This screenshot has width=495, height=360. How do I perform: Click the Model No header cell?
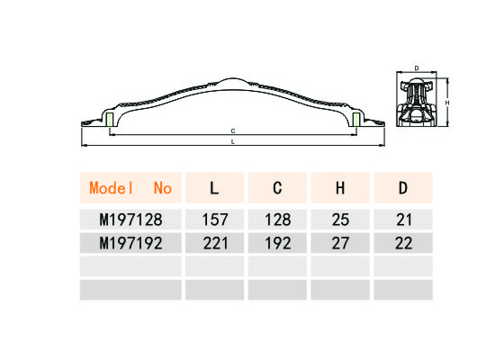[130, 188]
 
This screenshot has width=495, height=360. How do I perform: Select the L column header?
[215, 188]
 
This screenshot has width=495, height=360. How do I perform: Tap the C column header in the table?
[277, 188]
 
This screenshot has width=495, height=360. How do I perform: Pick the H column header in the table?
[340, 188]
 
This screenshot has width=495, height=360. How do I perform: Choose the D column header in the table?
[403, 188]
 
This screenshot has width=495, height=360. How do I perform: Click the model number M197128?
[130, 220]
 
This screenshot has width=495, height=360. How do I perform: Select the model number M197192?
[130, 243]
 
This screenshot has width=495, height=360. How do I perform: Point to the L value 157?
[215, 220]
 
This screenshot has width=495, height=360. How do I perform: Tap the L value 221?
[215, 243]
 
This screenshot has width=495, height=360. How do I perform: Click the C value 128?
[278, 220]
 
